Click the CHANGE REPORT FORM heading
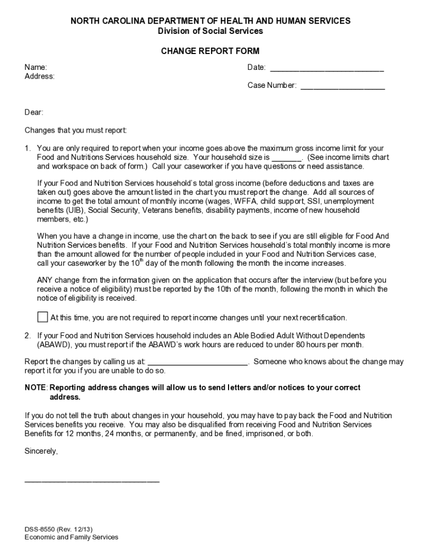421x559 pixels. point(210,51)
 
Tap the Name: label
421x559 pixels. point(36,67)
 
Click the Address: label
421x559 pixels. point(39,76)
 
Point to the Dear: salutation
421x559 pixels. point(34,112)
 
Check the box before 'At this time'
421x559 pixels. point(43,317)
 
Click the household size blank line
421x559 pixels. point(286,158)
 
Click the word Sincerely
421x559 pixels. point(41,451)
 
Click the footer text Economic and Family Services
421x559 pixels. point(71,537)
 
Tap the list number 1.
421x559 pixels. point(27,148)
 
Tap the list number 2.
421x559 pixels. point(27,335)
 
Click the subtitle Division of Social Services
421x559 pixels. point(210,31)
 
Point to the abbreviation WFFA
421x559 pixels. point(245,201)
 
